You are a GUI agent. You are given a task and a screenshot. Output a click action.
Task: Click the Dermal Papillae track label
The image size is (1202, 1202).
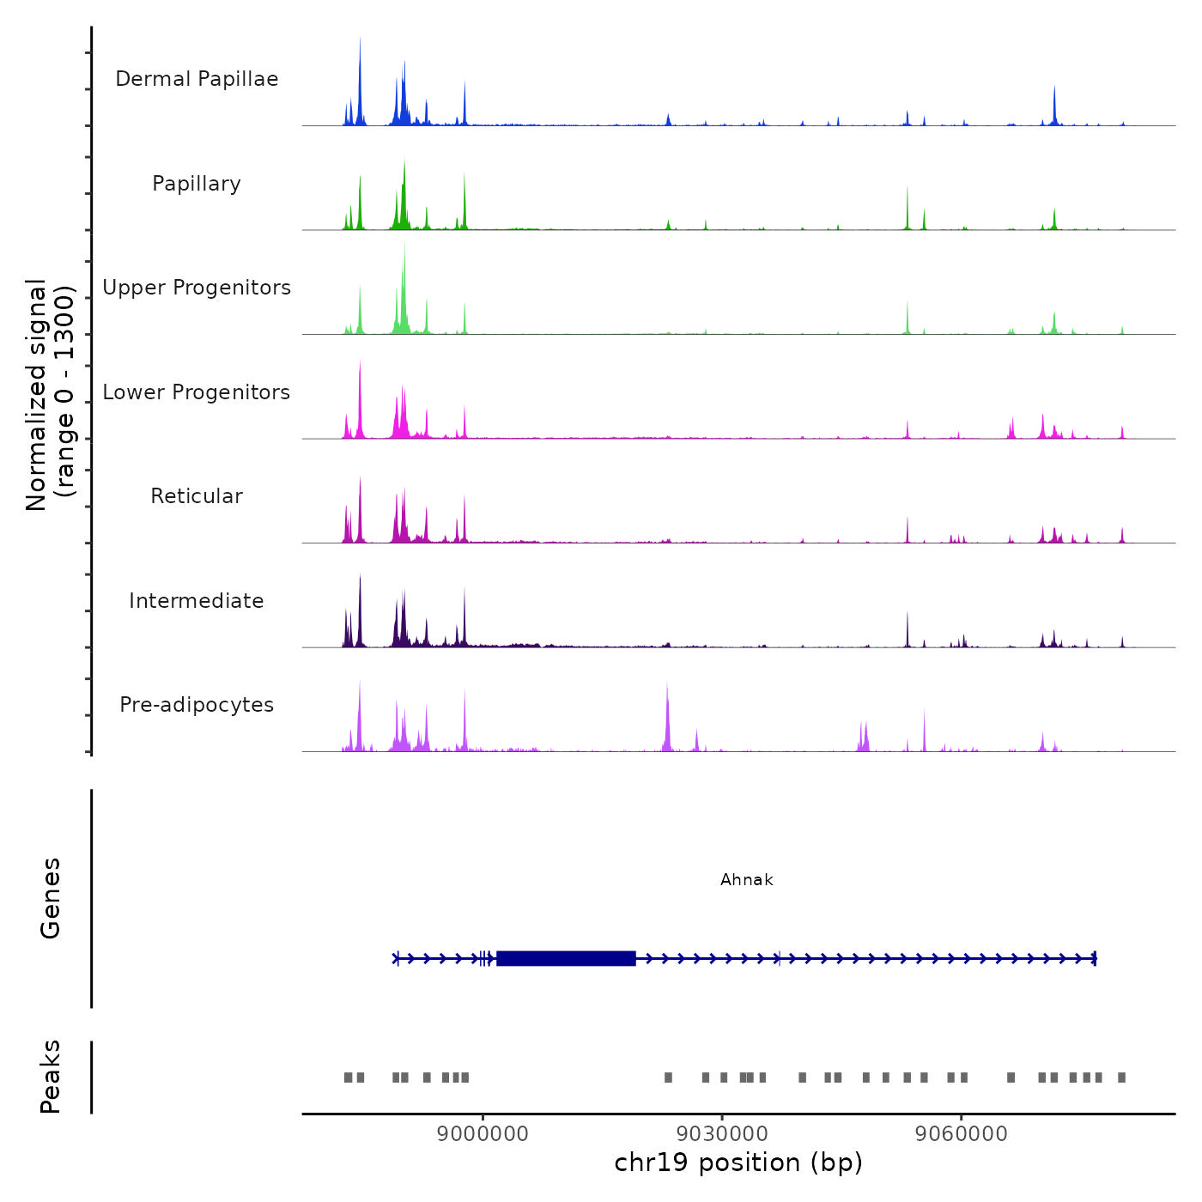pos(197,79)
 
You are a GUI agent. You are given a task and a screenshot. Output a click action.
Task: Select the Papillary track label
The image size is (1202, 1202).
pos(197,184)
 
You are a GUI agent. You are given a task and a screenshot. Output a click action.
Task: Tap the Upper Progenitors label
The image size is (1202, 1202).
pos(197,288)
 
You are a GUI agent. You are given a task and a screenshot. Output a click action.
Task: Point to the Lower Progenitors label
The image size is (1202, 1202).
pos(197,392)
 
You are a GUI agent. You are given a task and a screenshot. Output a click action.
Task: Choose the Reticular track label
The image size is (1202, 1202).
pos(197,496)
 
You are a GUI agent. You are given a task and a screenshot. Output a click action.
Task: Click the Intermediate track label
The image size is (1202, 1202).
pos(197,601)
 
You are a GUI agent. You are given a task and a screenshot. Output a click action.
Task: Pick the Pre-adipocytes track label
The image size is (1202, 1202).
pos(197,705)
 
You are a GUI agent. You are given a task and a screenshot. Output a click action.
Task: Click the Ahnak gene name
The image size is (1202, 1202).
pos(747,880)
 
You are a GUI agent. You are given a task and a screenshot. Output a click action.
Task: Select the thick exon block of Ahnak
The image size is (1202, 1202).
pos(566,958)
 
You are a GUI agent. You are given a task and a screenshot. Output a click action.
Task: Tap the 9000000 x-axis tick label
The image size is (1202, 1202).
pos(483,1133)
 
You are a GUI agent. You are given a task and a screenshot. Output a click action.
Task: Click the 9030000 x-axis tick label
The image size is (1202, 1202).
pos(722,1133)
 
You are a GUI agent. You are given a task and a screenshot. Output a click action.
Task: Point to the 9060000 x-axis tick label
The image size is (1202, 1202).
pos(962,1133)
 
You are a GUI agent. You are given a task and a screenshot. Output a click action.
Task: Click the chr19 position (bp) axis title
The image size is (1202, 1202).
pos(738,1163)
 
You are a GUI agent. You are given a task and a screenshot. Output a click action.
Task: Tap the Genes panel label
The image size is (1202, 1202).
pos(51,898)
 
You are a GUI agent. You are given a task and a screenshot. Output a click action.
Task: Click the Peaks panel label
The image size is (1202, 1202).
pos(51,1077)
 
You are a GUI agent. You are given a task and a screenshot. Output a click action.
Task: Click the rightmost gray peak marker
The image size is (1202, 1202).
pos(1121,1078)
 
